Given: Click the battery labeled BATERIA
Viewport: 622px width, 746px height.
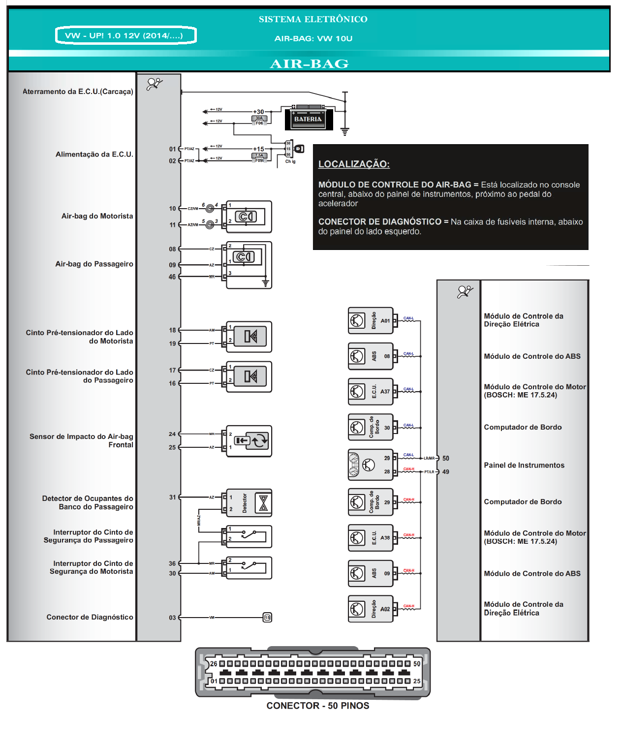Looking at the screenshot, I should point(308,119).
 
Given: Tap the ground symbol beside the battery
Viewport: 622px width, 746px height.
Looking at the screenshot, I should point(345,131).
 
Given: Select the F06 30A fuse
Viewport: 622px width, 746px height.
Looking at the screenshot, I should point(259,120).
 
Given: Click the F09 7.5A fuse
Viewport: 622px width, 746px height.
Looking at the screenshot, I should point(259,157).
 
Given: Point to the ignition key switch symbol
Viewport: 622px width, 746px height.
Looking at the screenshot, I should point(299,149).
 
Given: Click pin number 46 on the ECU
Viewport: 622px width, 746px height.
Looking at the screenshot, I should point(172,277).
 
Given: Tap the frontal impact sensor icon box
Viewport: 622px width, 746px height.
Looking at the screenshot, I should point(249,441).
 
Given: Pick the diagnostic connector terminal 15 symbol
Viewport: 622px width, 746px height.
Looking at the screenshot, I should point(267,618).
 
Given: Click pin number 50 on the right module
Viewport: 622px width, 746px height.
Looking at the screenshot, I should point(445,458).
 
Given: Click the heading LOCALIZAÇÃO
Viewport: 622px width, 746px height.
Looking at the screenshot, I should point(354,164).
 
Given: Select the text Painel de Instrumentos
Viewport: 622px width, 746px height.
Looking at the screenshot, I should point(524,466).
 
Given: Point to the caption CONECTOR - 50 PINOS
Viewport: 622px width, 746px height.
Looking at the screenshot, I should point(318,706).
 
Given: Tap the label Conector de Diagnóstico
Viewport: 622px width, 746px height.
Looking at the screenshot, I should point(90,618).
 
